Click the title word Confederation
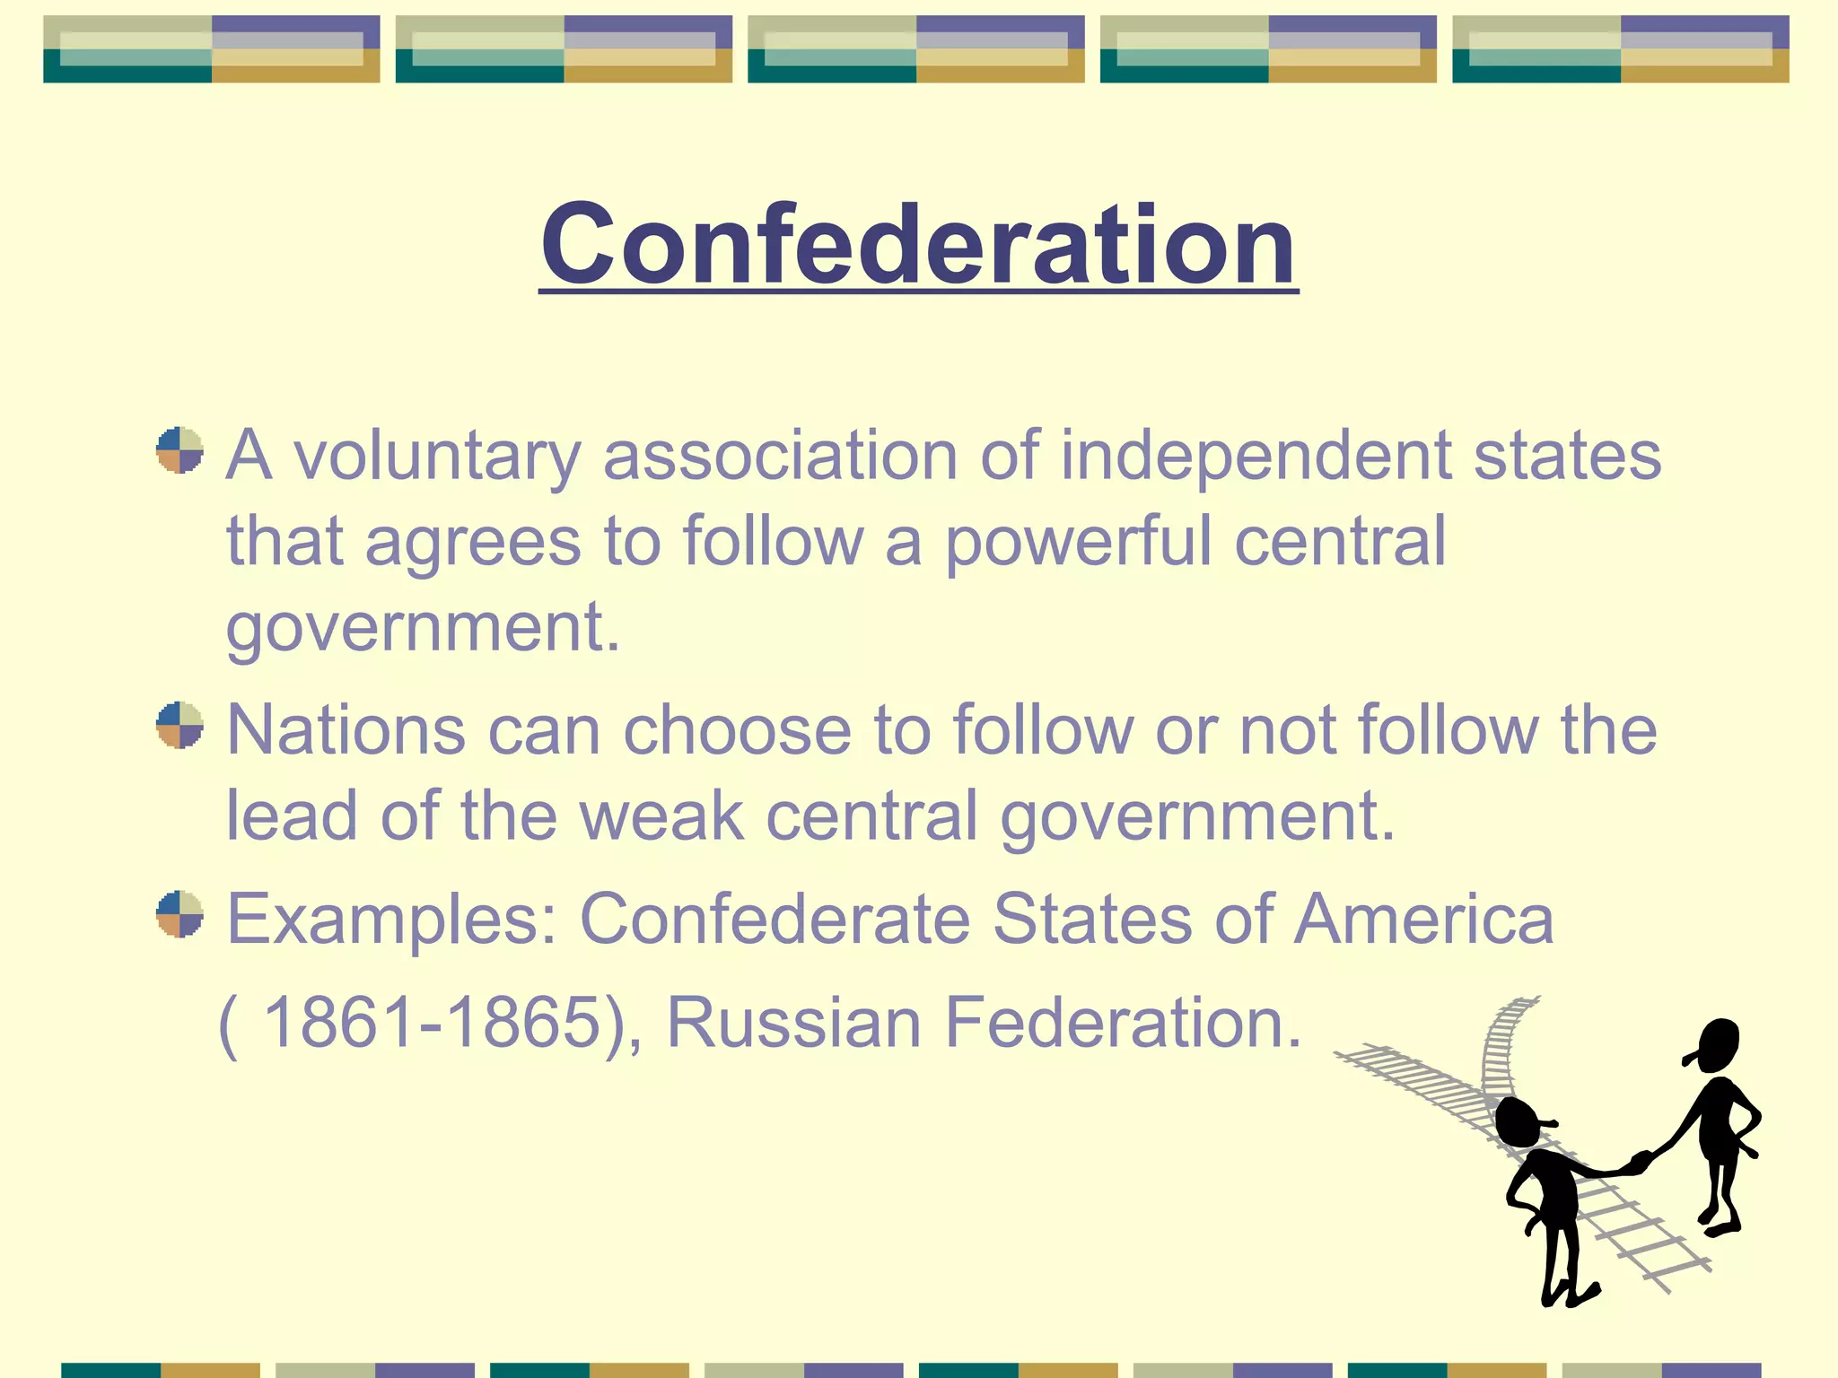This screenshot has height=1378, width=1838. (918, 244)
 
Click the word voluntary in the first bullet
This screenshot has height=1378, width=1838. (437, 456)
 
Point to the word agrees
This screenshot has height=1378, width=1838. (473, 541)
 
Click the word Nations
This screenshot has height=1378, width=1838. (346, 730)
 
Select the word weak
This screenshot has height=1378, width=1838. (661, 815)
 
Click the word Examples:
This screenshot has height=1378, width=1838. (392, 920)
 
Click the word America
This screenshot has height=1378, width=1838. (1423, 920)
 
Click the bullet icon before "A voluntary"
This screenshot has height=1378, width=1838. (179, 450)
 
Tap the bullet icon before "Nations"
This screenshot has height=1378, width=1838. (179, 725)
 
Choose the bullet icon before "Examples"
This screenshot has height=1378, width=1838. (179, 914)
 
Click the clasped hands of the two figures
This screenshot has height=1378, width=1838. (1639, 1164)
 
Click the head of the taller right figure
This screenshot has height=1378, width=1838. (1717, 1044)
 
